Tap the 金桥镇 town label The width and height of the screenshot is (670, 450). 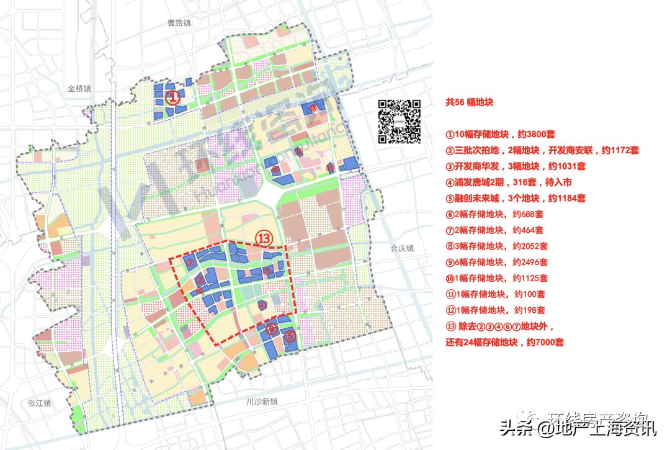[79, 89]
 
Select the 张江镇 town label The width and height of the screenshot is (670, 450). [39, 403]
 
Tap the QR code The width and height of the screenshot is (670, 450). [400, 121]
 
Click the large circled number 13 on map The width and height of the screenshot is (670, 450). [264, 238]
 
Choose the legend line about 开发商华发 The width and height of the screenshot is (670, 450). [516, 166]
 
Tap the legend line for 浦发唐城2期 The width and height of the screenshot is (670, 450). [508, 182]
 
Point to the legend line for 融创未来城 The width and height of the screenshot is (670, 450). [516, 199]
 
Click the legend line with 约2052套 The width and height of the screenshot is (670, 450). [496, 246]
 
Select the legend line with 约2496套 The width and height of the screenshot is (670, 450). [496, 263]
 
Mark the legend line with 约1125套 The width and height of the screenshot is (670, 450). [496, 279]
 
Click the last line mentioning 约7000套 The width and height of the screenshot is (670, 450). [505, 342]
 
